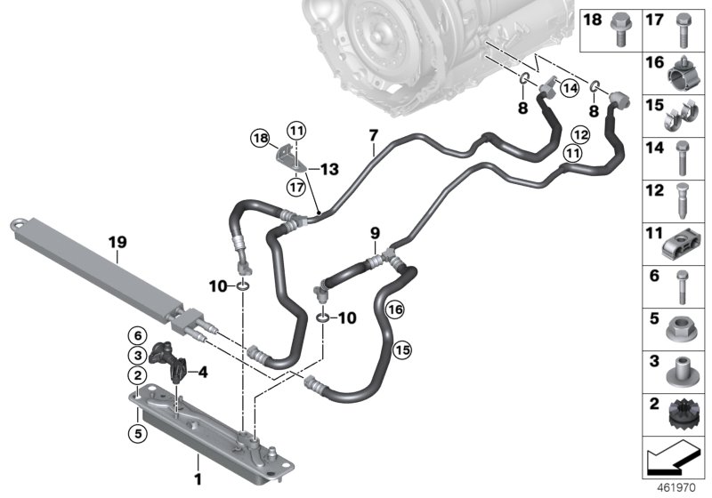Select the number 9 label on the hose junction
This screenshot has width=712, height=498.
[375, 234]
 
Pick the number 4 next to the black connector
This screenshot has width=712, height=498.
[203, 371]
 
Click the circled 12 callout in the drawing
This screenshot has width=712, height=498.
[581, 134]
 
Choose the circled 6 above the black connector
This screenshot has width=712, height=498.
[138, 334]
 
